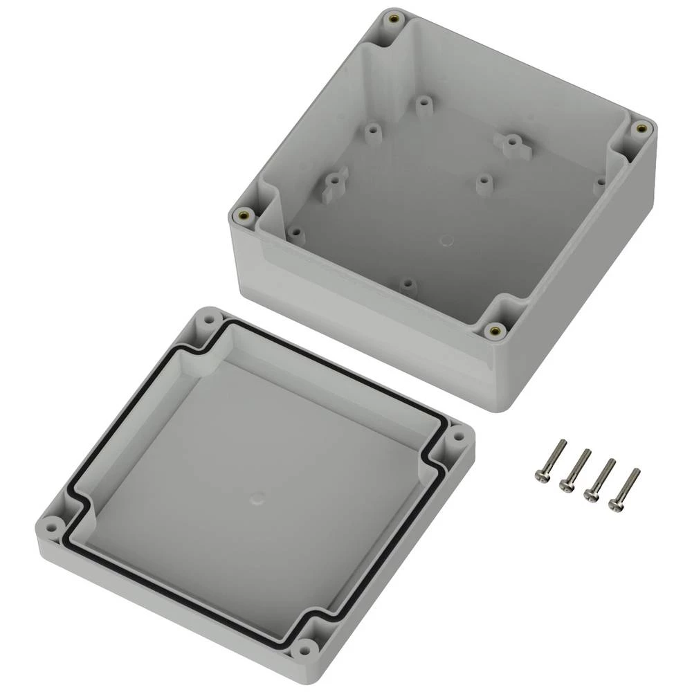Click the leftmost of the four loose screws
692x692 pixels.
coord(552,459)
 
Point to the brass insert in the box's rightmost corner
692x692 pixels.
coord(641,127)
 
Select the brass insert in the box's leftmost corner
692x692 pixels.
coord(242,215)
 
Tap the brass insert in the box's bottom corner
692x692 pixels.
coord(494,331)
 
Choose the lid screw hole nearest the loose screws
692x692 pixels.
coord(457,437)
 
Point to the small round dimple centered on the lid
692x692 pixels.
coord(257,497)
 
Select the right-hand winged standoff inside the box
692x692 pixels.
coord(511,143)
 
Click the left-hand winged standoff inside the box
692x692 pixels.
coord(334,182)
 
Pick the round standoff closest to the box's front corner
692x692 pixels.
coord(408,284)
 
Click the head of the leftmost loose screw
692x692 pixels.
coord(540,476)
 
